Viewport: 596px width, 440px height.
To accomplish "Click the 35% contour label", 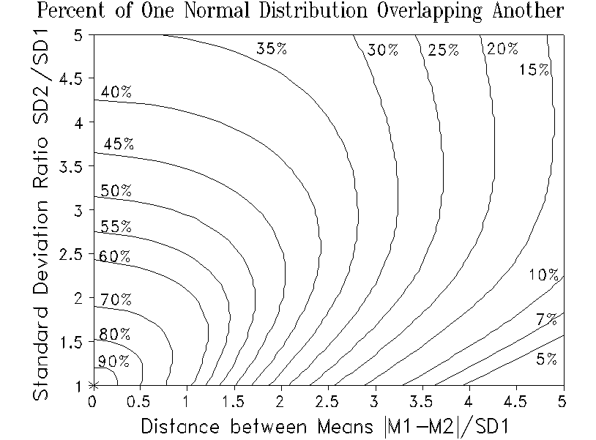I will [x=270, y=49].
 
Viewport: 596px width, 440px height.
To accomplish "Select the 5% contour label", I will [x=546, y=359].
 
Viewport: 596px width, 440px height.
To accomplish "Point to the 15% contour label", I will [x=534, y=70].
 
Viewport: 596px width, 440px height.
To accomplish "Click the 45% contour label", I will [x=119, y=144].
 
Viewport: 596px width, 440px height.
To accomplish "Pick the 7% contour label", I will [x=546, y=319].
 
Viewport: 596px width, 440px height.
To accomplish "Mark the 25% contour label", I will [x=444, y=50].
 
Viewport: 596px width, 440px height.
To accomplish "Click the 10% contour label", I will [x=543, y=275].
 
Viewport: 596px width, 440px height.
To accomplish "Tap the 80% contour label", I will [x=116, y=334].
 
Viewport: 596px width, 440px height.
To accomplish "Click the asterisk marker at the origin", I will [x=93, y=385].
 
